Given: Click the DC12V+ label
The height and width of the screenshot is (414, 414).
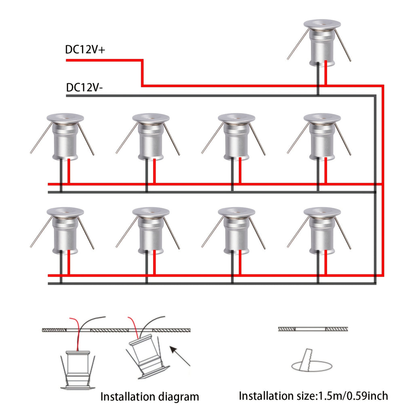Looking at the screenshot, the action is pyautogui.click(x=85, y=50).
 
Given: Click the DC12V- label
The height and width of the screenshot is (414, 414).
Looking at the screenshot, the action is pyautogui.click(x=84, y=88).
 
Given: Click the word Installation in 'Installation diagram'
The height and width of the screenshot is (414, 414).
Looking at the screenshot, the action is pyautogui.click(x=125, y=397).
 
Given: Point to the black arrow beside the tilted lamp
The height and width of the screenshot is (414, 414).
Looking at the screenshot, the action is pyautogui.click(x=180, y=357).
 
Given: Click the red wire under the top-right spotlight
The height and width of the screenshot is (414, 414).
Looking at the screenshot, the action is pyautogui.click(x=326, y=73).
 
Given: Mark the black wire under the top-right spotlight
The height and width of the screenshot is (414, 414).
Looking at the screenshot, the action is pyautogui.click(x=318, y=79).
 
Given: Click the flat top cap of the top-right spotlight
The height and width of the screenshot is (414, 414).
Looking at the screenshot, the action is pyautogui.click(x=322, y=24).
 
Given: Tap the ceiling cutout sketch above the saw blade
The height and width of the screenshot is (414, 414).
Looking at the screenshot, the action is pyautogui.click(x=313, y=329).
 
